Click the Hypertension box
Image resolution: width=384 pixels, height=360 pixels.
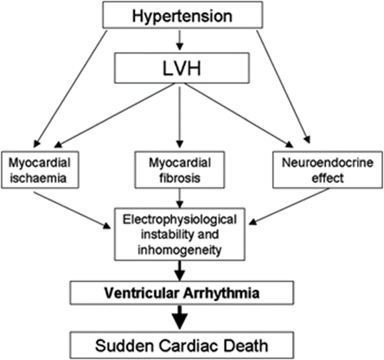183,15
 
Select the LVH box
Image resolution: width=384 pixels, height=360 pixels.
182,68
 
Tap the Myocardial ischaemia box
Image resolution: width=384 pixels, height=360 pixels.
40,170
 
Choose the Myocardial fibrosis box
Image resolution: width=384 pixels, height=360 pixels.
180,170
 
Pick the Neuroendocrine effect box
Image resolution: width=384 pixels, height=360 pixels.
328,170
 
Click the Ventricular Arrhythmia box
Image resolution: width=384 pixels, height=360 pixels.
182,293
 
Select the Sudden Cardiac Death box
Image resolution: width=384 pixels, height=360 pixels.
182,345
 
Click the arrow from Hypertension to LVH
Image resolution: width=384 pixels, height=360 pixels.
180,41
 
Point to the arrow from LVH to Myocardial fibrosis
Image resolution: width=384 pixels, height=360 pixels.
180,117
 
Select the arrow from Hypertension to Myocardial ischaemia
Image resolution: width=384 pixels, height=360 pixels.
70,89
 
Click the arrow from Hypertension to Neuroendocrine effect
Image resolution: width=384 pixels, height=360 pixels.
283,87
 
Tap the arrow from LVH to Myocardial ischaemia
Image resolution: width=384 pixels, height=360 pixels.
115,115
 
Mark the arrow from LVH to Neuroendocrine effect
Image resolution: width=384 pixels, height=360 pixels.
239,115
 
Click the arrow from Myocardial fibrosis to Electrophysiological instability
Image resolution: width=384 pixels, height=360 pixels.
180,198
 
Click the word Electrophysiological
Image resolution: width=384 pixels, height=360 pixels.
180,220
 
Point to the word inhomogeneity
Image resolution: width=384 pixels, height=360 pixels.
180,250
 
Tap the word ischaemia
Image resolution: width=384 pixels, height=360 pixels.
39,178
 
